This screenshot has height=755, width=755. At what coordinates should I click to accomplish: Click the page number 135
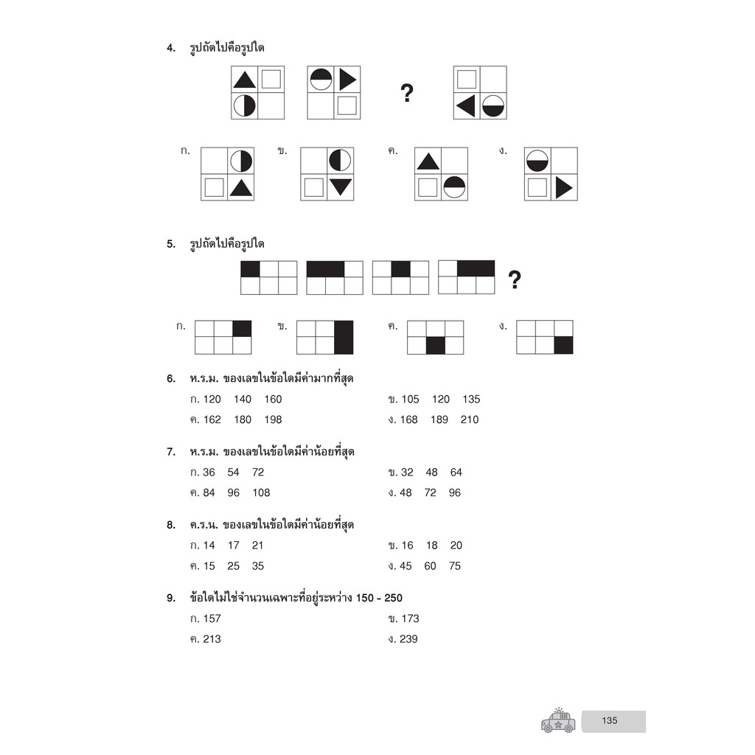609,720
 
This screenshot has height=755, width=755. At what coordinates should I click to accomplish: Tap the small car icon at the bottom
558,720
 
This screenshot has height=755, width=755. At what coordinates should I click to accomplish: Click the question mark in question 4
407,93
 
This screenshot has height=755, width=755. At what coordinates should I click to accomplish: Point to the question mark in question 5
515,279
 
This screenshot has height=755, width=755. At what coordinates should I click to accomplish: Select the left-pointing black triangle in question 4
467,106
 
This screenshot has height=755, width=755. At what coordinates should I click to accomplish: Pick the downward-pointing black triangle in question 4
341,187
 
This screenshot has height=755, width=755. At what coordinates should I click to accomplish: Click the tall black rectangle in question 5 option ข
344,337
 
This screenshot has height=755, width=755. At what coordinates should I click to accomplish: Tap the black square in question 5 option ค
435,345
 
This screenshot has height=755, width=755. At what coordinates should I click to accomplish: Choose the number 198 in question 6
273,420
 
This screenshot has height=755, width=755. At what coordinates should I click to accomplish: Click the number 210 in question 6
470,420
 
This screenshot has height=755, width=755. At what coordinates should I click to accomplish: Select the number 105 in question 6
410,399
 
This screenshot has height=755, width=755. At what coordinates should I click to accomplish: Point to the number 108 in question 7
261,493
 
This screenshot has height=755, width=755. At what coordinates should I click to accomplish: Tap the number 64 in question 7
456,473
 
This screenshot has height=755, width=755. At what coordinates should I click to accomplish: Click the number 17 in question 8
234,546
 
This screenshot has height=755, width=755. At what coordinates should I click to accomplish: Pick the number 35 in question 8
257,566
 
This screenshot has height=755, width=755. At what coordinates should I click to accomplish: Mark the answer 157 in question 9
212,619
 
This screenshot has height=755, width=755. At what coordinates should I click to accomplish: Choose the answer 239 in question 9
408,639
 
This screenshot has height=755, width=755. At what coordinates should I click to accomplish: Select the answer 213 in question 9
212,639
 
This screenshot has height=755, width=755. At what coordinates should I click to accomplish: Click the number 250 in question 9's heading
393,598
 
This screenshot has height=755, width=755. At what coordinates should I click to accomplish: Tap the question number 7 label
171,452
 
